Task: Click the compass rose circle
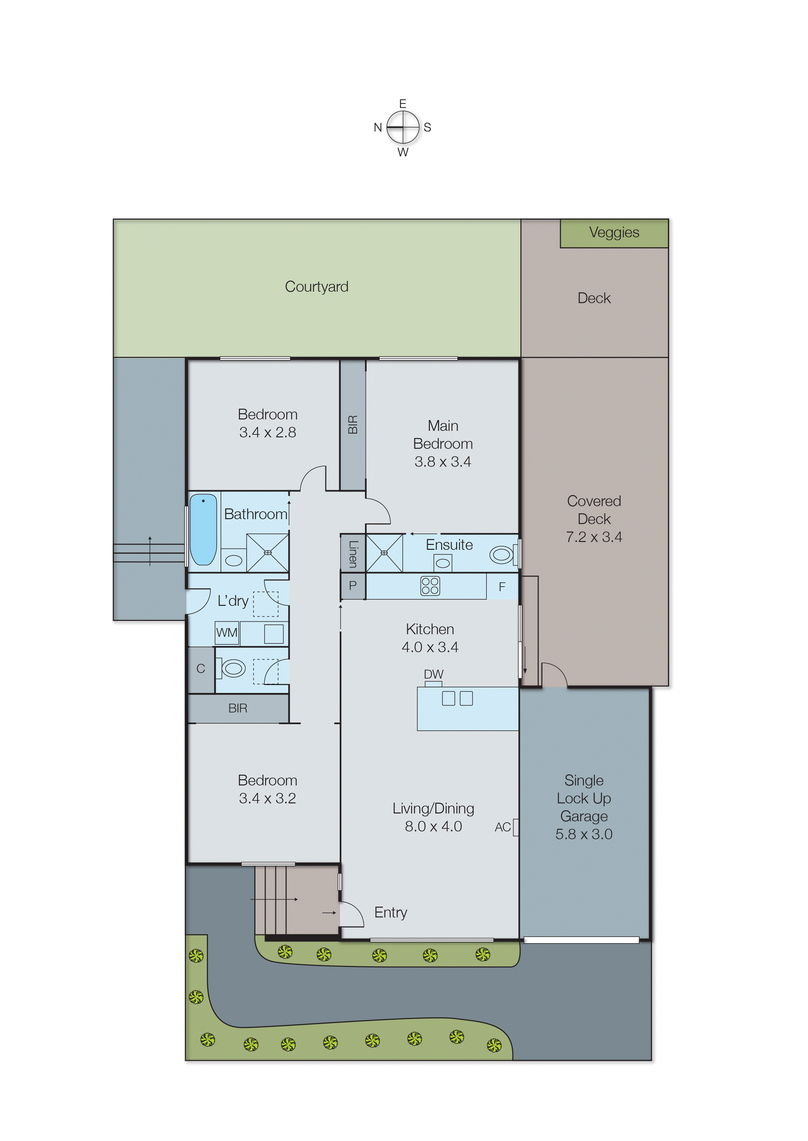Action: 403,127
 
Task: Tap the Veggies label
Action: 613,232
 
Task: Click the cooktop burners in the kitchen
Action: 430,586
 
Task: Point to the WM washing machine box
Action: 227,633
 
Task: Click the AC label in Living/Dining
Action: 502,827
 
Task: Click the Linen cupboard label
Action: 353,554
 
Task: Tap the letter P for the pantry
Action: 353,586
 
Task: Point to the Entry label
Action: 391,912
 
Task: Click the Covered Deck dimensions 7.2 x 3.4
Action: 594,537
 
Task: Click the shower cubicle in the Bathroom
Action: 268,552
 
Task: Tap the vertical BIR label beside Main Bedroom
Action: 353,424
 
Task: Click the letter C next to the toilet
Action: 200,669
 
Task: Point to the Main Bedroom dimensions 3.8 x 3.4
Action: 443,462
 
